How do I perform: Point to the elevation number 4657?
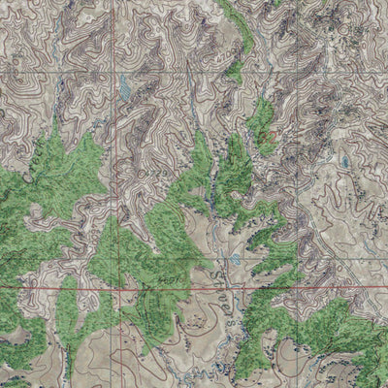click(x=176, y=279)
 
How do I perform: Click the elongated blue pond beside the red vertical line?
click(x=123, y=90)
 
